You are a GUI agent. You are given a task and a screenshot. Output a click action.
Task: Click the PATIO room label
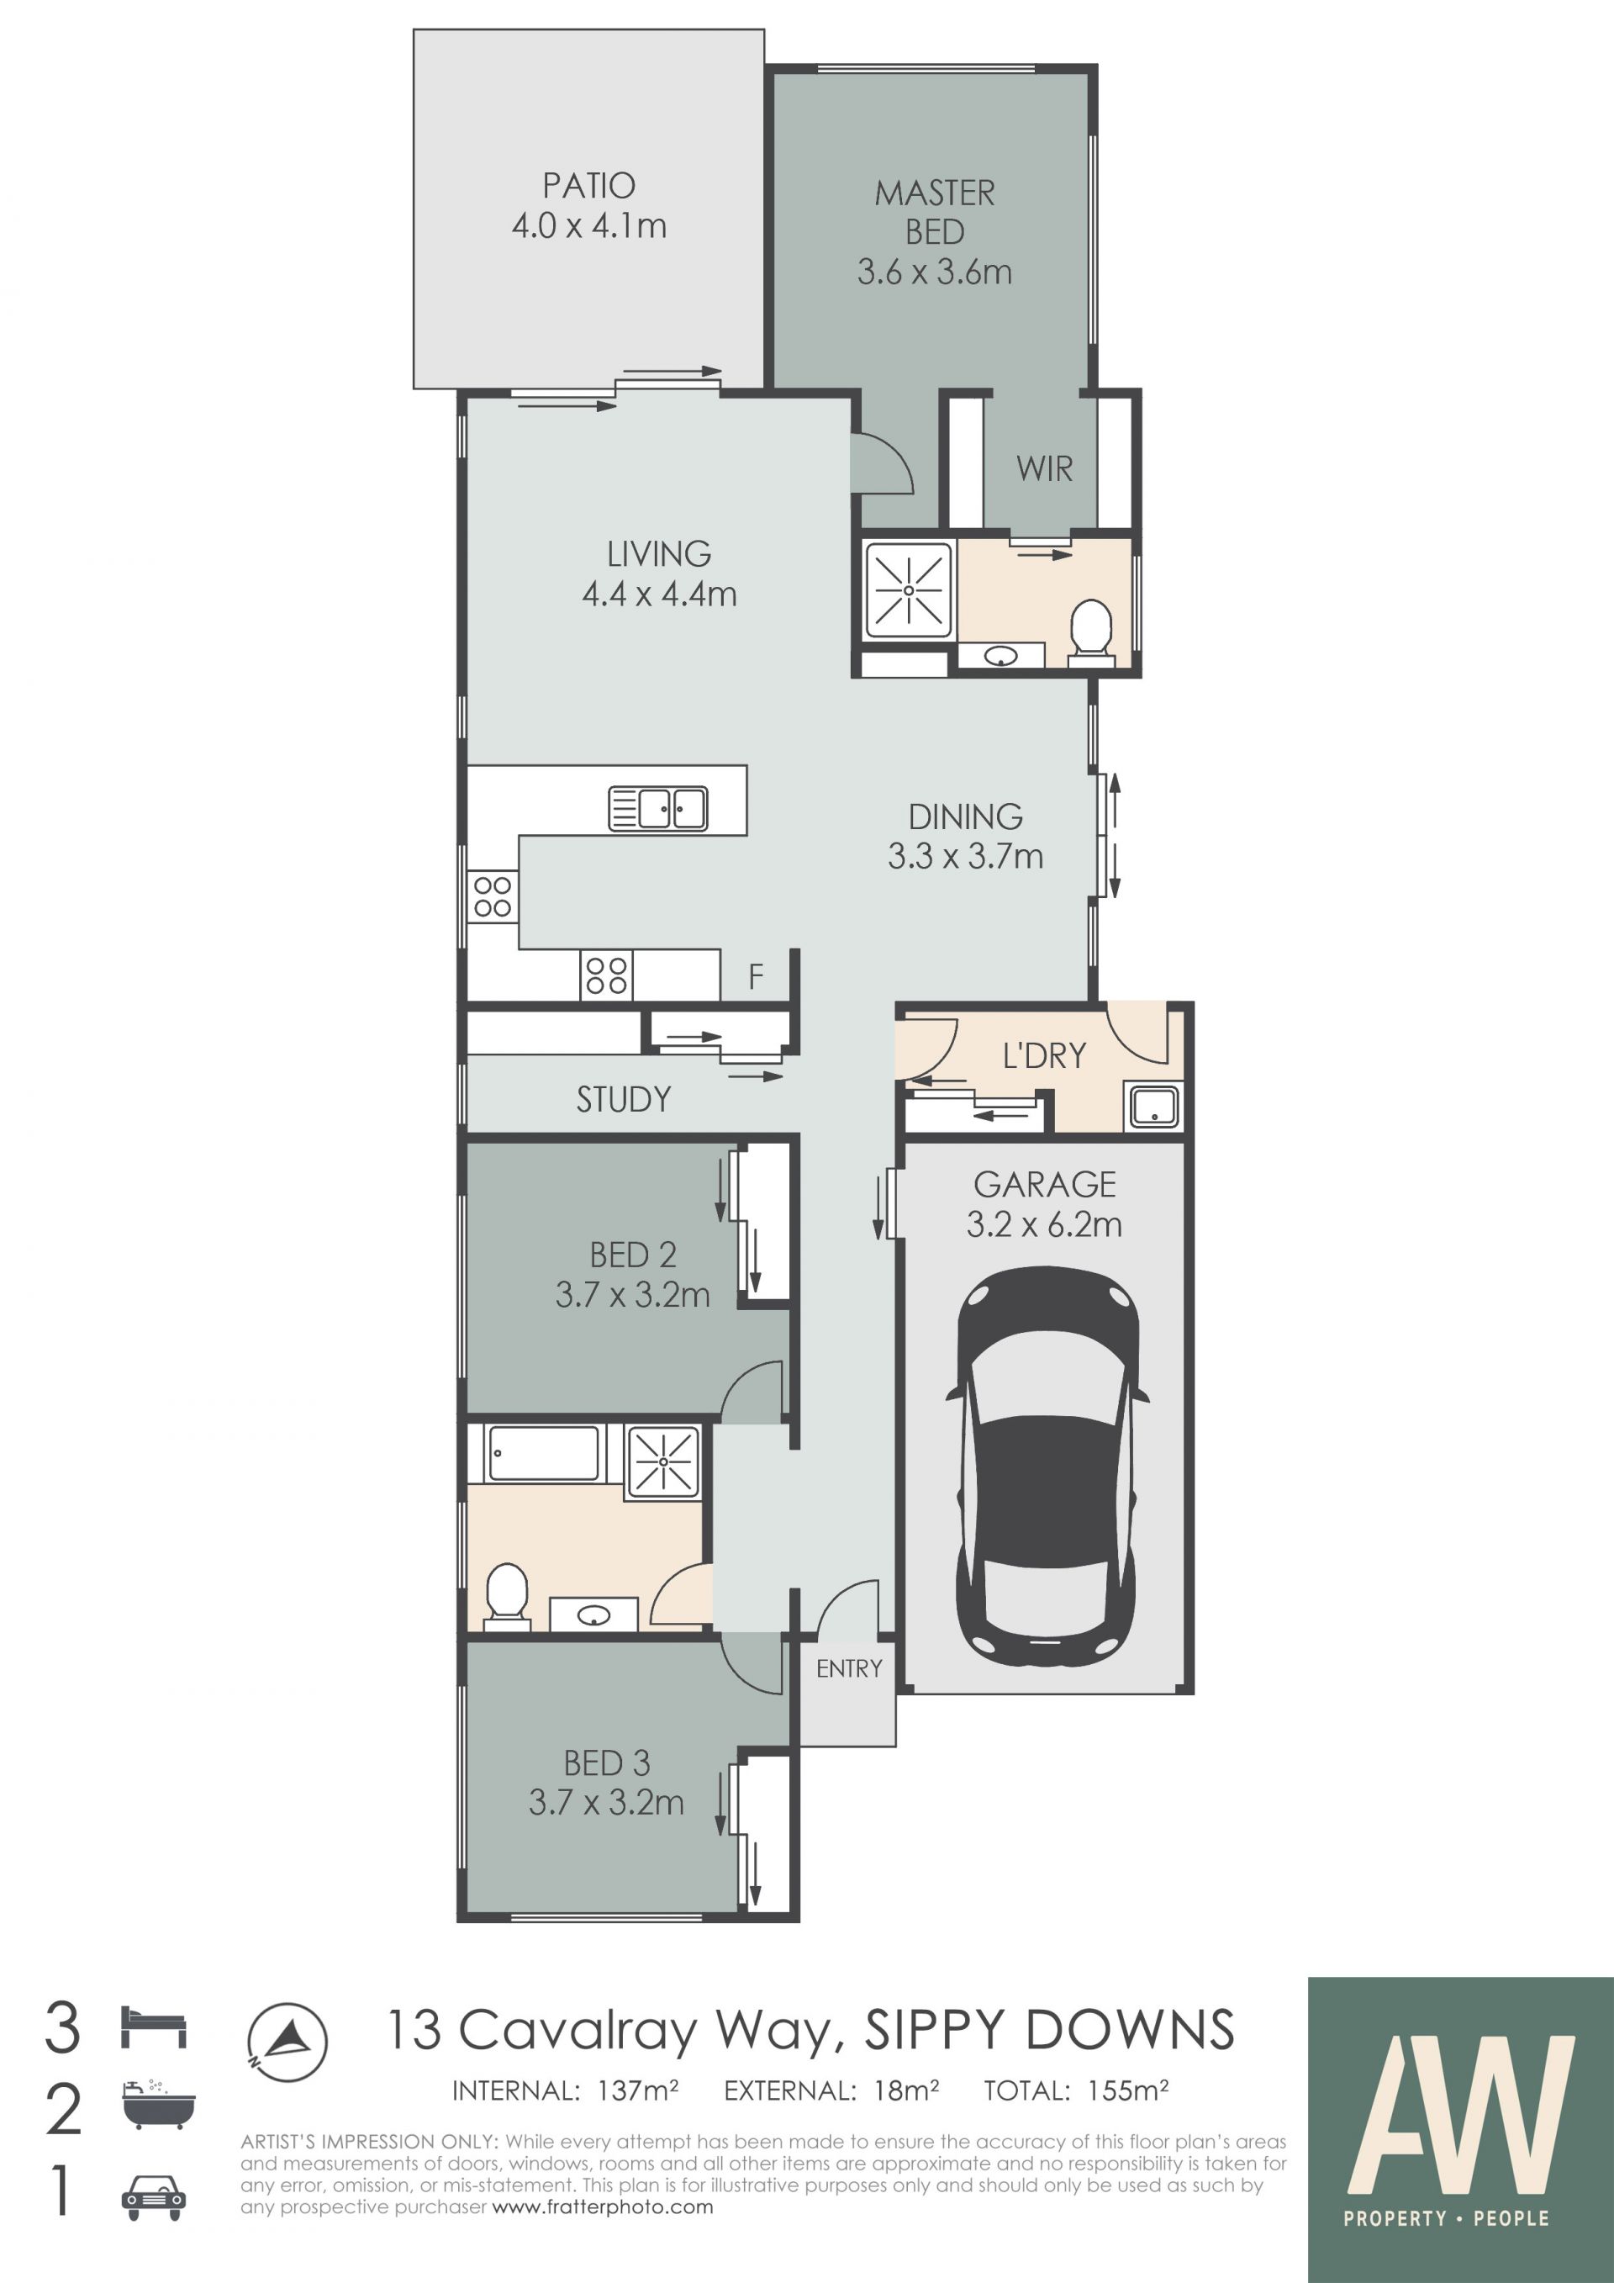coord(588,186)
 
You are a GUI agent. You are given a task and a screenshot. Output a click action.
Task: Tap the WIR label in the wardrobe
coord(1045,468)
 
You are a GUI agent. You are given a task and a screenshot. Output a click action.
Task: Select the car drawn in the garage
coord(1046,1467)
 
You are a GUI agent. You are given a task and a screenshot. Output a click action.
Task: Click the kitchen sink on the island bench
coord(658,808)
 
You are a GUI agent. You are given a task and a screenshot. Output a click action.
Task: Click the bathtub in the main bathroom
coord(544,1453)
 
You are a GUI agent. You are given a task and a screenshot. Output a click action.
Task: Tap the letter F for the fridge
coord(756,976)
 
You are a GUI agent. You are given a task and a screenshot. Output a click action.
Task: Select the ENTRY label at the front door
coord(849,1668)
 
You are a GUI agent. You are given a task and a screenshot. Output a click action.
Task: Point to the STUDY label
coord(623,1099)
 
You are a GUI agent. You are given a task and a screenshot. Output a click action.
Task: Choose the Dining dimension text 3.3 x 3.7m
coord(965,856)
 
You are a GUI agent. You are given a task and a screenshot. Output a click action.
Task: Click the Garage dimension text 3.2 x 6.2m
coord(1045,1224)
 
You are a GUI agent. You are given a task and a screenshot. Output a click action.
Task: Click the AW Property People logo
coord(1460,2129)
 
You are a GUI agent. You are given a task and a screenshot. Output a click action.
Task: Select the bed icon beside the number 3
coord(153,2027)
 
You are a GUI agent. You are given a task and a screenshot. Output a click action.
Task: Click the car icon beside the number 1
coord(153,2197)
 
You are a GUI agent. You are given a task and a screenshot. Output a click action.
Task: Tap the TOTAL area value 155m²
coord(1127,2091)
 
